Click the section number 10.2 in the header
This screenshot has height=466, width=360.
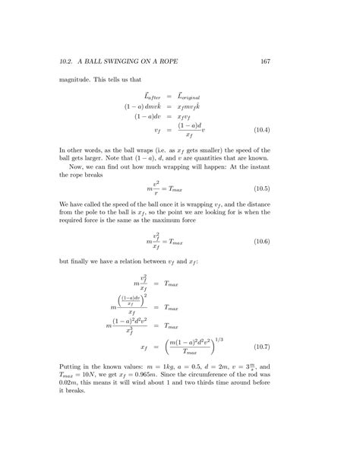(x=66, y=61)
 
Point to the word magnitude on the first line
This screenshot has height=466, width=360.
(x=76, y=79)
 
